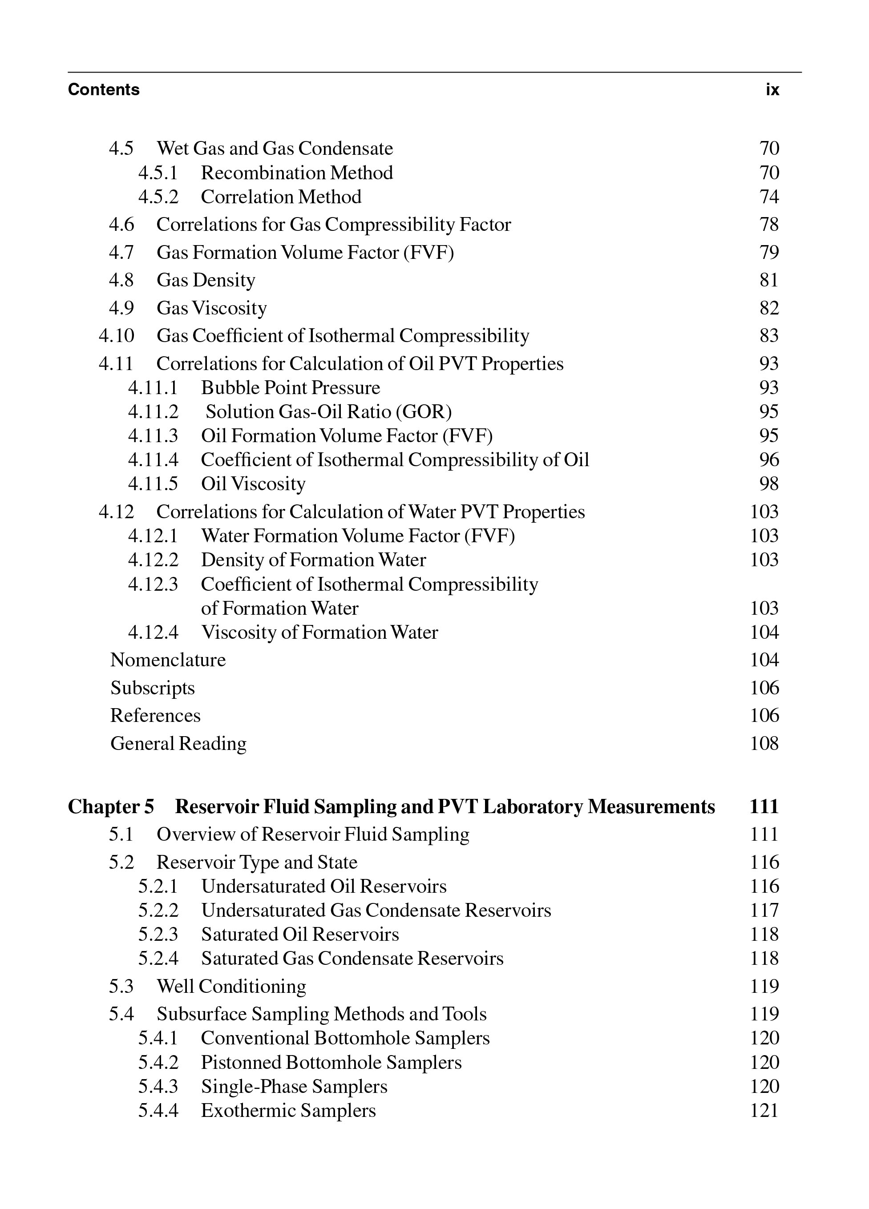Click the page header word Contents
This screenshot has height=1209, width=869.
coord(103,89)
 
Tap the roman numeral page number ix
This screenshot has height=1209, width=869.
coord(772,89)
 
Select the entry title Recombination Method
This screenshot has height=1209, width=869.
coord(296,173)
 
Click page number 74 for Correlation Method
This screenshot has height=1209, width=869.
coord(769,197)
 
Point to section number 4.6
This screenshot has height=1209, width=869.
coord(121,225)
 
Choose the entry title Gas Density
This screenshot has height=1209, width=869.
coord(206,280)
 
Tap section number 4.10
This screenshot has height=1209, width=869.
coord(116,335)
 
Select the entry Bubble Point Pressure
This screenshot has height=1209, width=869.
coord(291,387)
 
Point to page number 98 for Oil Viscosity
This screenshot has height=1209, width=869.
coord(769,484)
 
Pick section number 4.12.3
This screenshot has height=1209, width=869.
coord(153,584)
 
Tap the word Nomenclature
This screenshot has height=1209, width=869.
coord(168,660)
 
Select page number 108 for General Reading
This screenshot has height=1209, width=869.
coord(764,743)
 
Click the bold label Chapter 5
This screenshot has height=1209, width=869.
coord(111,806)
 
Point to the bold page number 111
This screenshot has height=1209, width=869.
coord(764,806)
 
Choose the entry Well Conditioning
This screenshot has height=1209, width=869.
coord(231,986)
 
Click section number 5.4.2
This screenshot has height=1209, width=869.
coord(158,1062)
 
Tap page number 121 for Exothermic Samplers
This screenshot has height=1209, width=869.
coord(764,1110)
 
